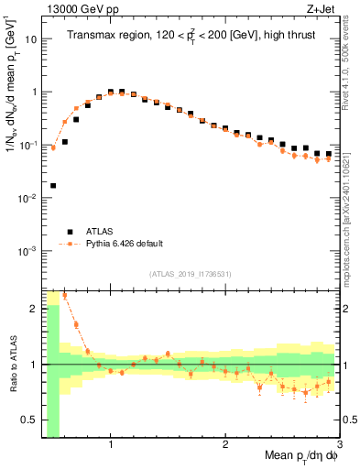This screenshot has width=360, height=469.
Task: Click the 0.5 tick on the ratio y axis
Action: (30, 420)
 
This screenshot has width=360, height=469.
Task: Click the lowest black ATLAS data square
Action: (53, 185)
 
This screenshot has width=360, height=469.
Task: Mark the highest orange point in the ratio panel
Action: (64, 295)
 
